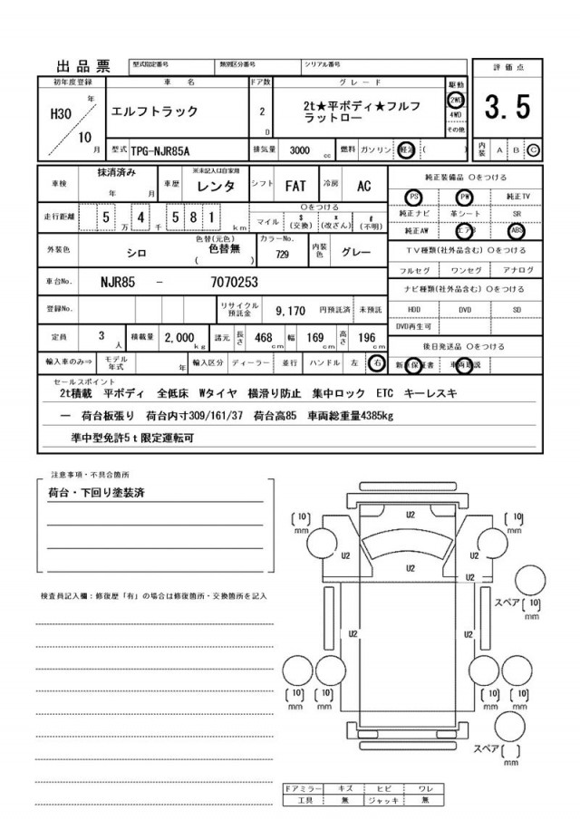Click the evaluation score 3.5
[x=508, y=109]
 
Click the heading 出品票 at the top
[x=82, y=66]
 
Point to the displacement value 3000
[x=291, y=150]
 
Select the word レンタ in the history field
[x=217, y=187]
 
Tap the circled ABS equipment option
[x=517, y=230]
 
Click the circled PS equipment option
[x=415, y=197]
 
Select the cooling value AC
[x=363, y=187]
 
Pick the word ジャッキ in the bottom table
[x=384, y=801]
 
